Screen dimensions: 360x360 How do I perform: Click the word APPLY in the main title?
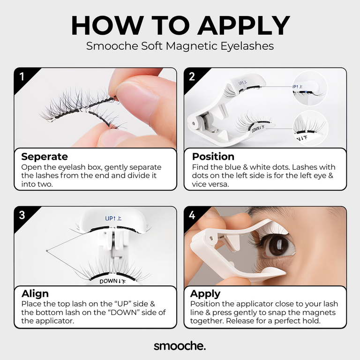tap(244, 25)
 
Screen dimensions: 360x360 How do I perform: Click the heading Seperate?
tap(45, 157)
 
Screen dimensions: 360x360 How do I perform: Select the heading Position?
tap(213, 157)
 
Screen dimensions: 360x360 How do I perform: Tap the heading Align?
tap(35, 294)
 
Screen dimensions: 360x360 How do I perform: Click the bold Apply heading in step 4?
tap(205, 294)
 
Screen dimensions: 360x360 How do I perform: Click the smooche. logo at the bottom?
tap(180, 346)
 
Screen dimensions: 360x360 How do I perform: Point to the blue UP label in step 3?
tap(113, 218)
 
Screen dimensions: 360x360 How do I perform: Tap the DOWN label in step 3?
tap(112, 281)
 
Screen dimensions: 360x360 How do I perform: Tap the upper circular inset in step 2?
tap(309, 89)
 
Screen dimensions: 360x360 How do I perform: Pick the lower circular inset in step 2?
tap(310, 128)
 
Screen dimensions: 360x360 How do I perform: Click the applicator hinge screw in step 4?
tap(211, 239)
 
